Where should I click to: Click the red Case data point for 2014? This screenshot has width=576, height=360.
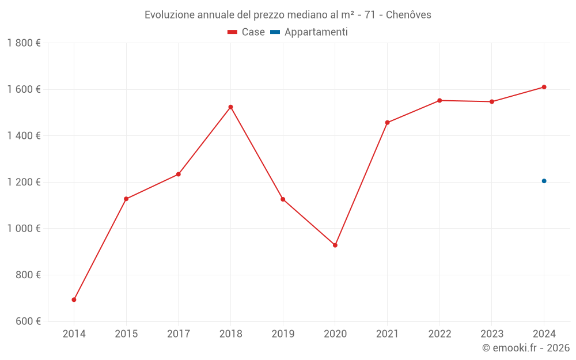(74, 300)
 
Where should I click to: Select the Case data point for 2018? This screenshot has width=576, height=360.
(230, 107)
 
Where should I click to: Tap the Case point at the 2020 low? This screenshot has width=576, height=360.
(335, 245)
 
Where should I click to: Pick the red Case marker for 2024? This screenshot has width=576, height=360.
(544, 87)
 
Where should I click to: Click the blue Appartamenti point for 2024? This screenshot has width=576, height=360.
(544, 181)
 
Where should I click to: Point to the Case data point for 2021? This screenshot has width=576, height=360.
(387, 123)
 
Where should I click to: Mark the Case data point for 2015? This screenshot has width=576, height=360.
(126, 199)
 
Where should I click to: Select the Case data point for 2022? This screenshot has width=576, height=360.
(439, 100)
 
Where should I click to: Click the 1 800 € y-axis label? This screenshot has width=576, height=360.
(24, 43)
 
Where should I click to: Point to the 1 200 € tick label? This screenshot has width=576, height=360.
(24, 182)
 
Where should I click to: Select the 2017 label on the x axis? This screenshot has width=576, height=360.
(179, 334)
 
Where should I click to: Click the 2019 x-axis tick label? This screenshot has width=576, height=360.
(283, 334)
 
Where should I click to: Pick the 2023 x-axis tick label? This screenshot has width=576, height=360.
(492, 334)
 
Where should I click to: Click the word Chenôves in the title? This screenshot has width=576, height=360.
(408, 15)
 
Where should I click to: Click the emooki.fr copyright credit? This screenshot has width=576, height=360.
(526, 348)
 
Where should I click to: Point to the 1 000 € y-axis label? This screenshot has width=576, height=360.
(24, 228)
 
